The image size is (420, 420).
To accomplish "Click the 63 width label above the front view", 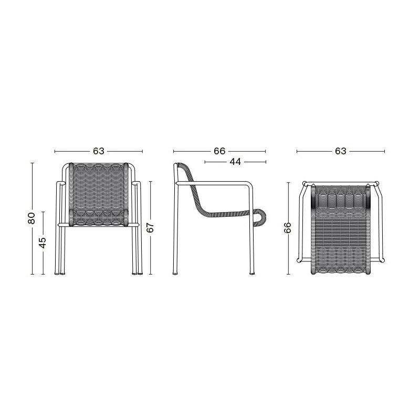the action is click(x=98, y=151).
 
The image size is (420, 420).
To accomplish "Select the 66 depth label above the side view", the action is click(x=219, y=151).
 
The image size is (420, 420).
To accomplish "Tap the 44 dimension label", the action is click(x=235, y=162).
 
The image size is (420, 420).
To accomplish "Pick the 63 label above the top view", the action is click(x=340, y=151).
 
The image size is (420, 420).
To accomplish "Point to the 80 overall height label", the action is click(x=31, y=218).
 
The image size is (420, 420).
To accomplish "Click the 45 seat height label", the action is click(x=43, y=243).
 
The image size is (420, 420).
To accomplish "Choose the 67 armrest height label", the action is click(x=151, y=227).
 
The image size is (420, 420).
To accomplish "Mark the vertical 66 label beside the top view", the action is click(x=287, y=228).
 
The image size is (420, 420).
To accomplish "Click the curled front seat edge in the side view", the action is click(x=260, y=216).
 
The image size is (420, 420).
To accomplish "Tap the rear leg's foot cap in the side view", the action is click(x=175, y=274).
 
